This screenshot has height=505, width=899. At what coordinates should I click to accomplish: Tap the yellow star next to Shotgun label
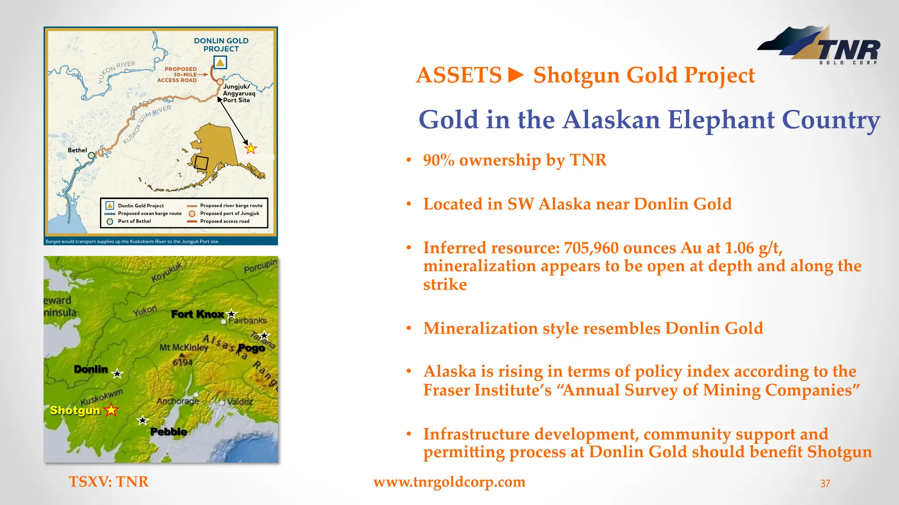[111, 410]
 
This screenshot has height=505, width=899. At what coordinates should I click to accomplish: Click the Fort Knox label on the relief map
[197, 314]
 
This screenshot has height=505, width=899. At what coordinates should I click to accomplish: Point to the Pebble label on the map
[169, 432]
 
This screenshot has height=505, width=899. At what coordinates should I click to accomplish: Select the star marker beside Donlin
[117, 374]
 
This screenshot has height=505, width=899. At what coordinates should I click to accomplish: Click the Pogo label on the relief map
[251, 348]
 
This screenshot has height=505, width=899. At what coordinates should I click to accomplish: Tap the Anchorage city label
[178, 401]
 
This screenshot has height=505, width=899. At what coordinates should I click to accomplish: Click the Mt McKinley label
[183, 348]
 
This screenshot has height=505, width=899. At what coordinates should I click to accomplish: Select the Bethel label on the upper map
[77, 150]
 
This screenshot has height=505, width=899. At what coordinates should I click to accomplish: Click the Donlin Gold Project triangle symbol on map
[220, 63]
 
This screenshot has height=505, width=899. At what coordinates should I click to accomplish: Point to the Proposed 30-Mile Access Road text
[178, 75]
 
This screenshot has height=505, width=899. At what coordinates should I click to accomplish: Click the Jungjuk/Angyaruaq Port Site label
[238, 93]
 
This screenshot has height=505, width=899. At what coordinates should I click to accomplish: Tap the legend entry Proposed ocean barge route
[149, 213]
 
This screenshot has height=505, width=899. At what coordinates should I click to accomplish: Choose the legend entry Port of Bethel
[134, 221]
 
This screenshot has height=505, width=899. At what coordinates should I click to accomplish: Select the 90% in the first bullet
[439, 160]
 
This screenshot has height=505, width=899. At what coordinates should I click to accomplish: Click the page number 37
[825, 484]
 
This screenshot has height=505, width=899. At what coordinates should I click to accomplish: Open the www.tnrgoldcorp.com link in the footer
[449, 482]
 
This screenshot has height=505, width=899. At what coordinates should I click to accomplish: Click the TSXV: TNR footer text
[108, 482]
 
